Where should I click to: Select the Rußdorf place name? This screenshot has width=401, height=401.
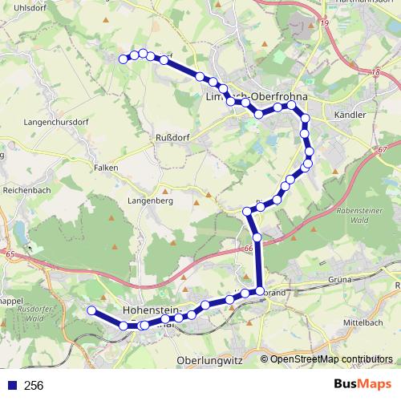(171, 136)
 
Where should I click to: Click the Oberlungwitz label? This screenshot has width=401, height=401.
(209, 360)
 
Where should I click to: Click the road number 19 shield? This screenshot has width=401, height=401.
(325, 24)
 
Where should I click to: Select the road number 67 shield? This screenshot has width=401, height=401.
(381, 150)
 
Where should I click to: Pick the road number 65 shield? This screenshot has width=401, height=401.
(10, 255)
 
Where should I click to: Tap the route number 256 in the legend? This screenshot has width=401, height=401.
(34, 386)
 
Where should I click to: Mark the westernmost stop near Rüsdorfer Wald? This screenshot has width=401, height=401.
(91, 310)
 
